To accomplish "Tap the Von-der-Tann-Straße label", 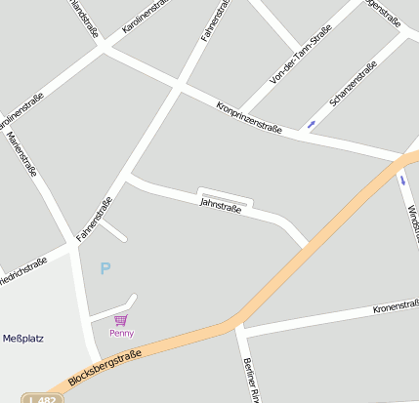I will coord(300,54).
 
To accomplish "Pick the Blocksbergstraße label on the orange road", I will coord(105,367).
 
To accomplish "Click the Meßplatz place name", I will coord(22,339).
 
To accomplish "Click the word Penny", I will coord(121,333).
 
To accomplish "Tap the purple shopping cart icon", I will coord(121,319).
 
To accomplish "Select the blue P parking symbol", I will coord(105,268).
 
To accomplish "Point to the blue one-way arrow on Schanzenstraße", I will coord(312,124).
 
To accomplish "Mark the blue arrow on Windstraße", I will coord(402,179).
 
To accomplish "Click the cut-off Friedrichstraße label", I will coord(21,269).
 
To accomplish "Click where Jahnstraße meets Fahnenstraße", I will coord(129,178).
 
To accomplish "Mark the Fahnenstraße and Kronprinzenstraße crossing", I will coord(177,87).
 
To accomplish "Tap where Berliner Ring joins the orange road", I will coord(237,323).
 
